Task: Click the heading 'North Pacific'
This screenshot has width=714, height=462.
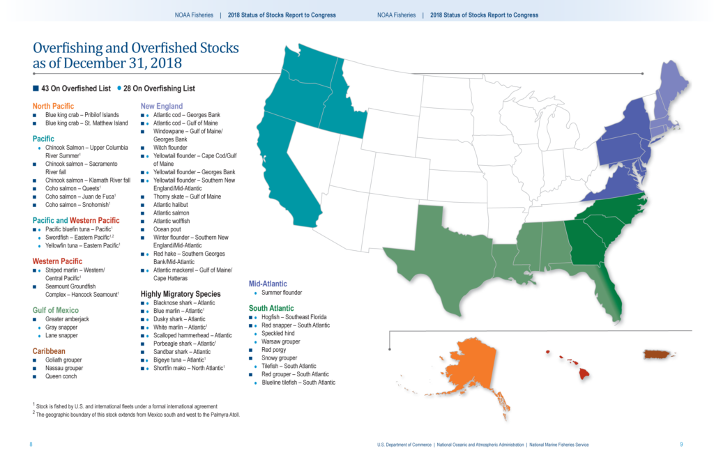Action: click(53, 106)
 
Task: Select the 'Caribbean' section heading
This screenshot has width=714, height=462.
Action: click(49, 351)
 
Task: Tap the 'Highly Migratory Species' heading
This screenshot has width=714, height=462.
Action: click(181, 294)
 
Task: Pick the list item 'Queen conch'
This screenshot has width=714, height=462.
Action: click(61, 376)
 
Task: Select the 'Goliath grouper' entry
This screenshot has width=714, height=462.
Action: click(64, 360)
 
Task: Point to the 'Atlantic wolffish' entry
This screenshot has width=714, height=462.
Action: click(172, 221)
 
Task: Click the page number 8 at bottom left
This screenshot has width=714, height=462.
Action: click(31, 444)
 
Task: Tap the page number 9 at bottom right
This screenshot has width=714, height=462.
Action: click(681, 444)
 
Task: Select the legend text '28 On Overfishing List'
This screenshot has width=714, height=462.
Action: click(160, 88)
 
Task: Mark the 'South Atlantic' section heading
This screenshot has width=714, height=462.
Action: click(271, 308)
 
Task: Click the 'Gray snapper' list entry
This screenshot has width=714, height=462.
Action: click(62, 327)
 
